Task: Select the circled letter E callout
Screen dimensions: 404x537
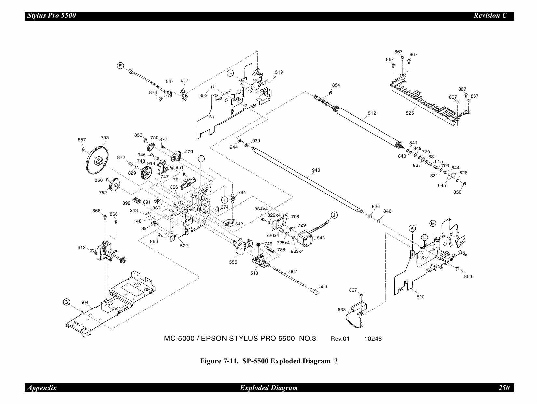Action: pos(120,66)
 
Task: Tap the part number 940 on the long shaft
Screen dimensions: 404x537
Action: pos(316,170)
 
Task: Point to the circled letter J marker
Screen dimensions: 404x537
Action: pos(334,215)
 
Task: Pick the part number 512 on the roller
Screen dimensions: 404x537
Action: pos(372,113)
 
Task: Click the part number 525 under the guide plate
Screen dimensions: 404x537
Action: pos(410,113)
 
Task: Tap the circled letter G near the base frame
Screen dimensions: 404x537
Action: pos(66,302)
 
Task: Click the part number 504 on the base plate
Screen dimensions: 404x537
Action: pos(84,302)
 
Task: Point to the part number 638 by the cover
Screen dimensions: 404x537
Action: pos(342,310)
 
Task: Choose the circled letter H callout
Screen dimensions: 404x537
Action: pos(201,159)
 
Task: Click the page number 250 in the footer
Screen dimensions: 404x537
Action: pos(504,388)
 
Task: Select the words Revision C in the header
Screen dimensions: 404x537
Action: pos(490,16)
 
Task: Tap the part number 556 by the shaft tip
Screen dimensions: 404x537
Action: pos(323,286)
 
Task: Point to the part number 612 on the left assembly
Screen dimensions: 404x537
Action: pos(81,247)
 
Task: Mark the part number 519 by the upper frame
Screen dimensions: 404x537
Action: pos(279,72)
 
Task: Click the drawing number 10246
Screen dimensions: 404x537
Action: pos(373,339)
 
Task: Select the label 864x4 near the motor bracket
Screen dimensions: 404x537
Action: pos(261,209)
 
